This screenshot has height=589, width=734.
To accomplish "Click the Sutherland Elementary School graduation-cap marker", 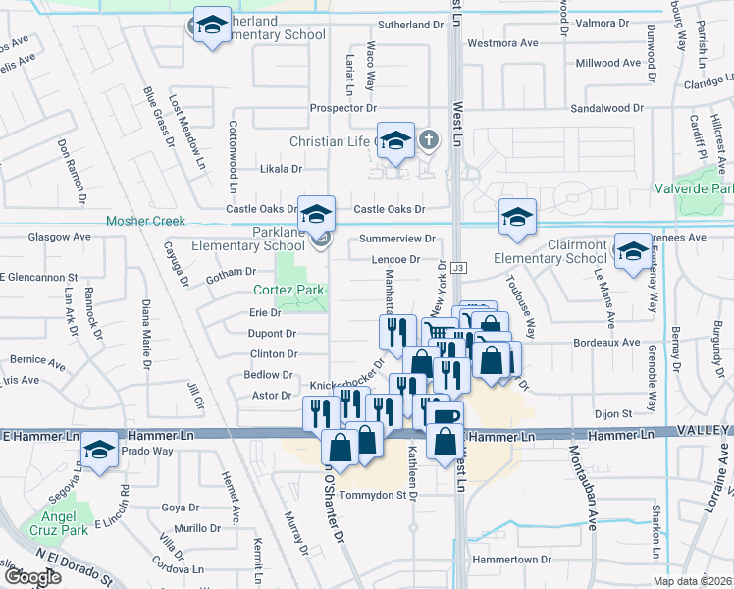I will [211, 27].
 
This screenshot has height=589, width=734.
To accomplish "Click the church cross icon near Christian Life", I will [427, 140].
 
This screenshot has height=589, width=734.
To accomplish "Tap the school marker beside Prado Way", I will [99, 451].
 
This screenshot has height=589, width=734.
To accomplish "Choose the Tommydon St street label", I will [372, 495].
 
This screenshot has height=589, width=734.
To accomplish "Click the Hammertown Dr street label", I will [507, 559].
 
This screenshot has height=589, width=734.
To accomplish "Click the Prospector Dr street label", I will [343, 108].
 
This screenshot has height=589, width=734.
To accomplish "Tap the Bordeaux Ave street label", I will [607, 343].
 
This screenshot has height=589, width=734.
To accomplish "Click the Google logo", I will [32, 577].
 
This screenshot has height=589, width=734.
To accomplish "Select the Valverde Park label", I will [694, 188].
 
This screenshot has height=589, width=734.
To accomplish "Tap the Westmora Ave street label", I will [502, 43].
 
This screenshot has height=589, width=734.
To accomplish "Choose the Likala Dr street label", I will [281, 169].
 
